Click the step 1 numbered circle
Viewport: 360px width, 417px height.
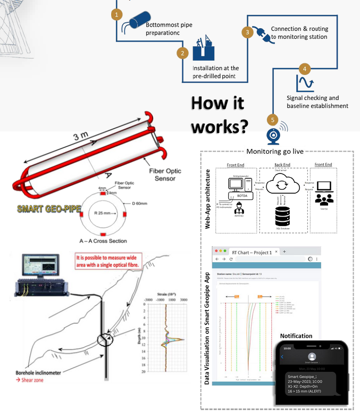pyautogui.click(x=116, y=14)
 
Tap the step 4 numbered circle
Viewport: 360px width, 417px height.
pyautogui.click(x=304, y=69)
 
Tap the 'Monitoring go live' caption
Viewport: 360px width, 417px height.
pyautogui.click(x=275, y=151)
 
